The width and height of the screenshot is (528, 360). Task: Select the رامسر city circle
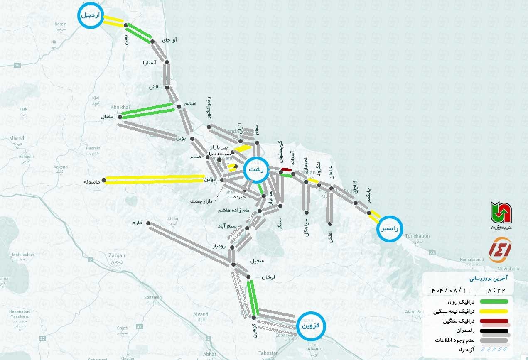click(390, 228)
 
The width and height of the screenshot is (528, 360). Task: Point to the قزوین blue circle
click(311, 326)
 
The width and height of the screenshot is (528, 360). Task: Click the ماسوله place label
click(92, 182)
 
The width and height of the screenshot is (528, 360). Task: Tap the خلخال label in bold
click(107, 117)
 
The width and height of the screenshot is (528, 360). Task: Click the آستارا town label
click(149, 63)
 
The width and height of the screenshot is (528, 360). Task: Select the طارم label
click(137, 223)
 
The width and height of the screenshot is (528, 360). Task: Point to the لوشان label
click(268, 277)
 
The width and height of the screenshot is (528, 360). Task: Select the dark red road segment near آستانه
click(286, 169)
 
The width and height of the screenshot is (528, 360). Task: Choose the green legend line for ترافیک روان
click(494, 301)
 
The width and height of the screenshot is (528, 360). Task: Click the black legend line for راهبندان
click(494, 331)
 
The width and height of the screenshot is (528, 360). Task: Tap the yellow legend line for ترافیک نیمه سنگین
click(494, 311)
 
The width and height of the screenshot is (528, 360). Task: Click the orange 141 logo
click(500, 250)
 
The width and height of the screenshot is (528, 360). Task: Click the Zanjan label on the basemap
click(116, 256)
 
